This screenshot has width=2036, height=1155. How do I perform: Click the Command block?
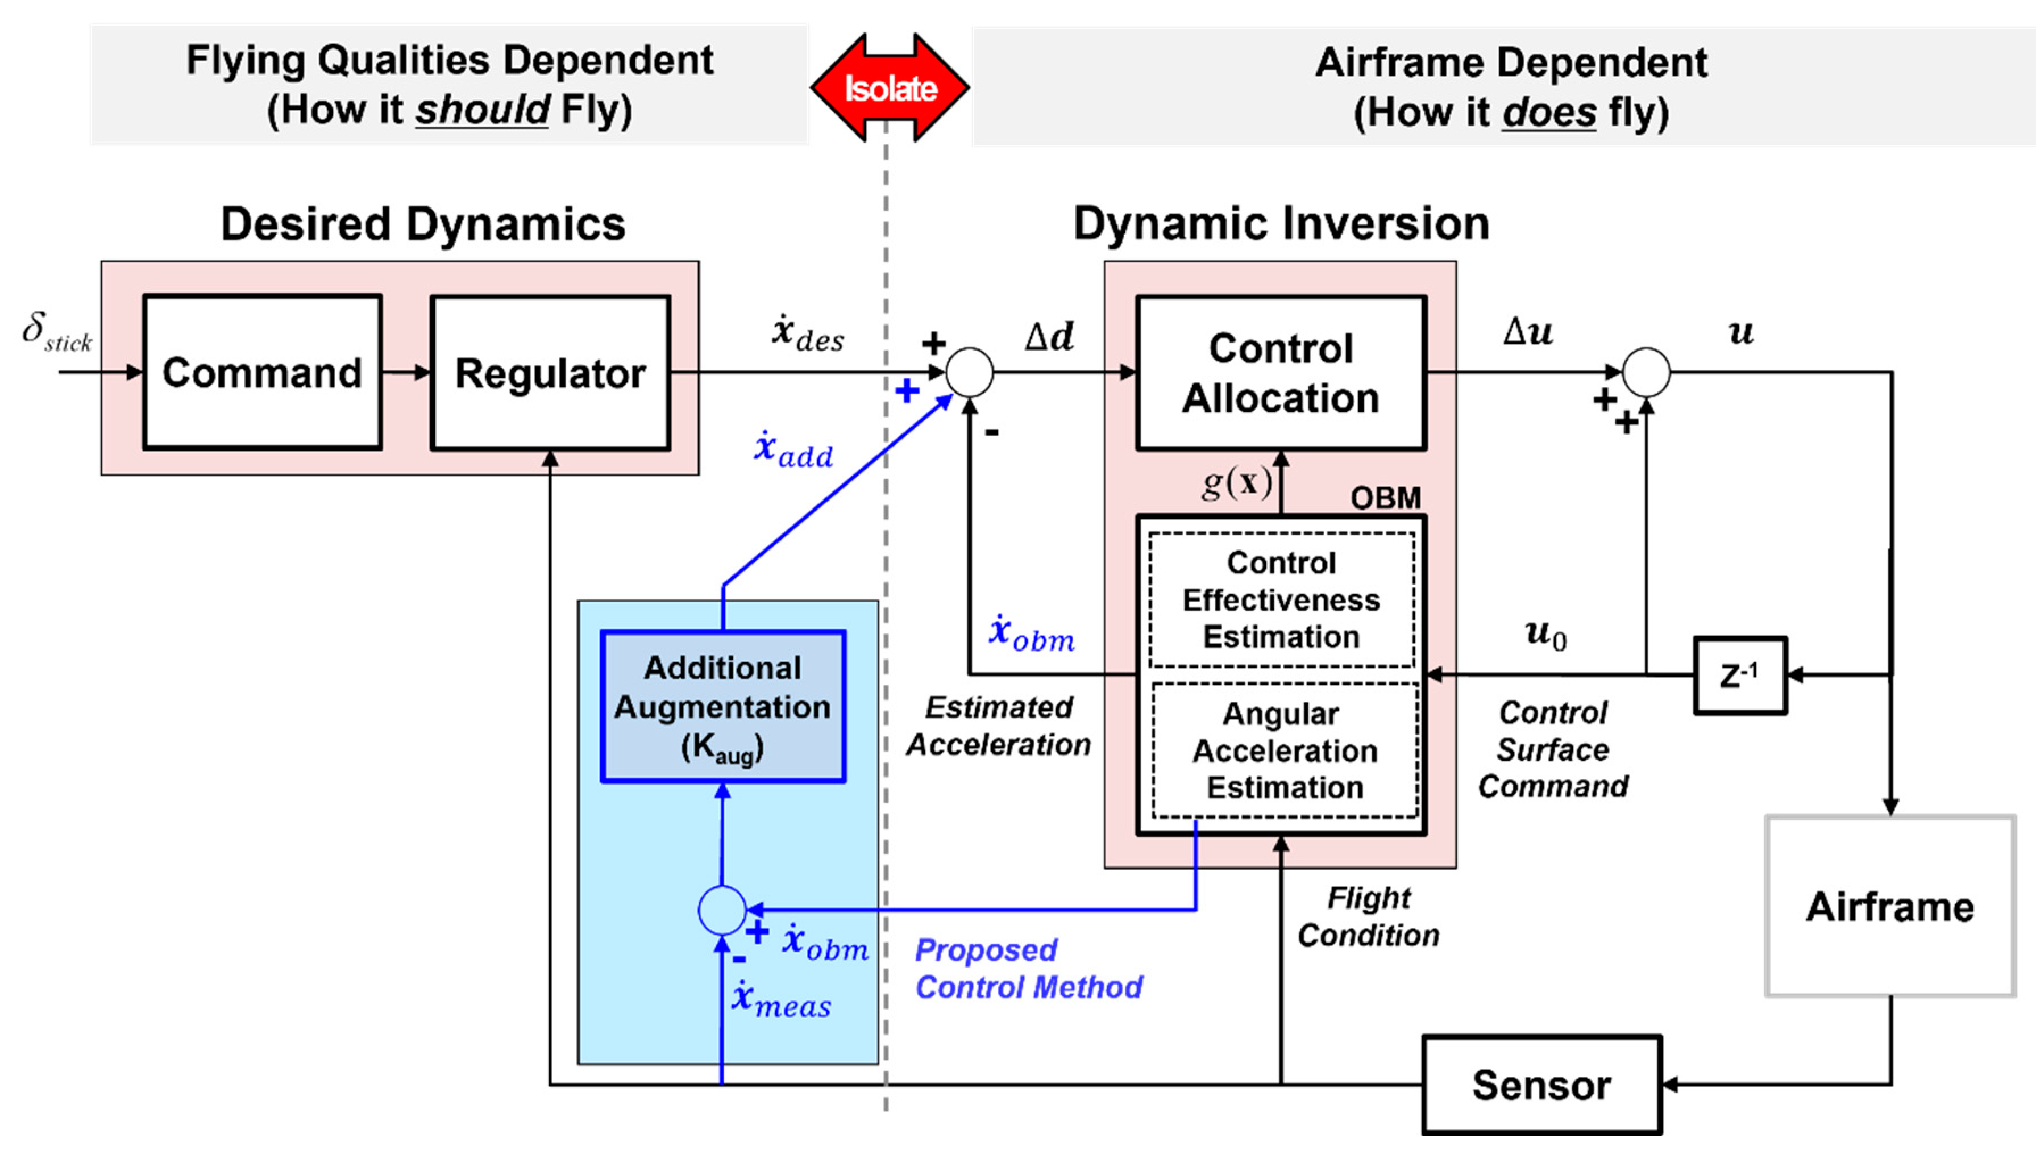[x=262, y=373]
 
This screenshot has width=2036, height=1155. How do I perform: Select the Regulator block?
[x=550, y=373]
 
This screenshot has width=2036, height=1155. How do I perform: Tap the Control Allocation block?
[x=1281, y=373]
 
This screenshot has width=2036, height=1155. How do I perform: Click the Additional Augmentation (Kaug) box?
[x=722, y=707]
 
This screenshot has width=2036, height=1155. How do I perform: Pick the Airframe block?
[x=1890, y=906]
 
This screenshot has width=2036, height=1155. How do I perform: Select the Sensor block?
[x=1541, y=1085]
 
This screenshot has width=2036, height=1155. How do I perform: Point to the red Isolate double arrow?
[x=890, y=87]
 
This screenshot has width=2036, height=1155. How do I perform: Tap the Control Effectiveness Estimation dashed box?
[x=1281, y=600]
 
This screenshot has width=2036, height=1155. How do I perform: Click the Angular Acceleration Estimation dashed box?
[x=1284, y=750]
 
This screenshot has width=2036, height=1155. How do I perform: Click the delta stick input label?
[x=56, y=332]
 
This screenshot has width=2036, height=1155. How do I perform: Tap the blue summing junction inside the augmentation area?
[x=721, y=911]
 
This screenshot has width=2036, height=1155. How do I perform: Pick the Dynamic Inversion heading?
[x=1281, y=224]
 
